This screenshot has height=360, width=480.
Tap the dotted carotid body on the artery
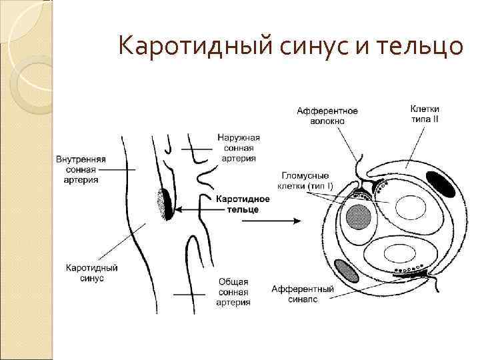(163, 203)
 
